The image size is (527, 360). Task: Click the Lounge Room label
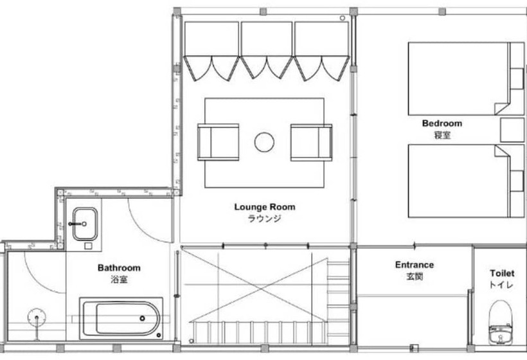click(x=264, y=207)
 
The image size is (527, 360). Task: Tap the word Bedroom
click(x=442, y=123)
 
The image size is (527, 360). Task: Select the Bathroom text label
click(x=119, y=268)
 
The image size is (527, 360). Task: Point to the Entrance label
click(x=414, y=265)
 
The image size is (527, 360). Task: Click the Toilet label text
click(x=501, y=273)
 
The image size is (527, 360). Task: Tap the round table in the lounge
click(x=264, y=142)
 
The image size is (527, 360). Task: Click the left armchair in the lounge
click(x=218, y=142)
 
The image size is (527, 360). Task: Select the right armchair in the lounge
click(x=311, y=142)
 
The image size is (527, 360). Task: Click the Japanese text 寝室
click(x=441, y=135)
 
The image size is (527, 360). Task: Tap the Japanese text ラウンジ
click(x=264, y=219)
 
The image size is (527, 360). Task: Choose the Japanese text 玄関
click(x=414, y=276)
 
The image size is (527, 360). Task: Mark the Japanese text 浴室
click(x=119, y=280)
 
